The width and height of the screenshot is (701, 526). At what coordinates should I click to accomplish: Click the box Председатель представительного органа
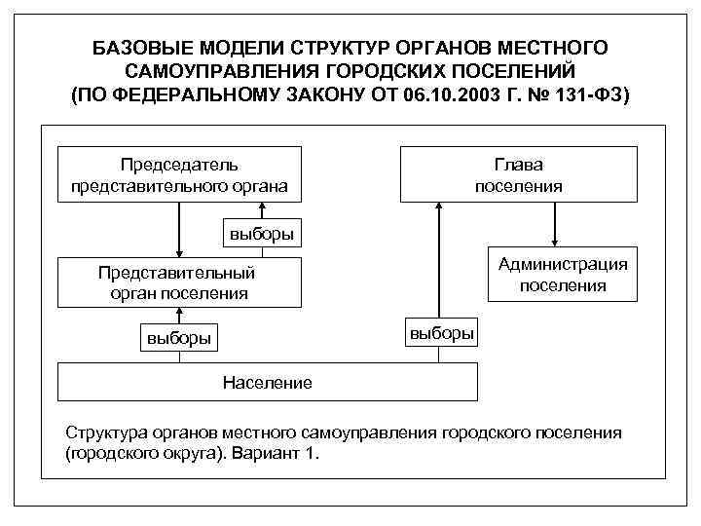click(179, 174)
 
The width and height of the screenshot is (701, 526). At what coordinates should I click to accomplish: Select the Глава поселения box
click(518, 174)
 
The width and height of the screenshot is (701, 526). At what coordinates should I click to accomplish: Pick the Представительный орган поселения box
click(179, 282)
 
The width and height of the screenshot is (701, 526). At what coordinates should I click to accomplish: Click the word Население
click(267, 382)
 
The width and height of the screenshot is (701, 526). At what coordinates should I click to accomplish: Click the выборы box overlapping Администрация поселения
click(441, 332)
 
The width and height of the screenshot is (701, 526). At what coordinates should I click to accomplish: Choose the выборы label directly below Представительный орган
click(178, 338)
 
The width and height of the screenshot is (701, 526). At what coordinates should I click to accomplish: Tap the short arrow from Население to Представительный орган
click(179, 314)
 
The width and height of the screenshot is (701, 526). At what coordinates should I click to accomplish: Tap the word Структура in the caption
click(103, 432)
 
